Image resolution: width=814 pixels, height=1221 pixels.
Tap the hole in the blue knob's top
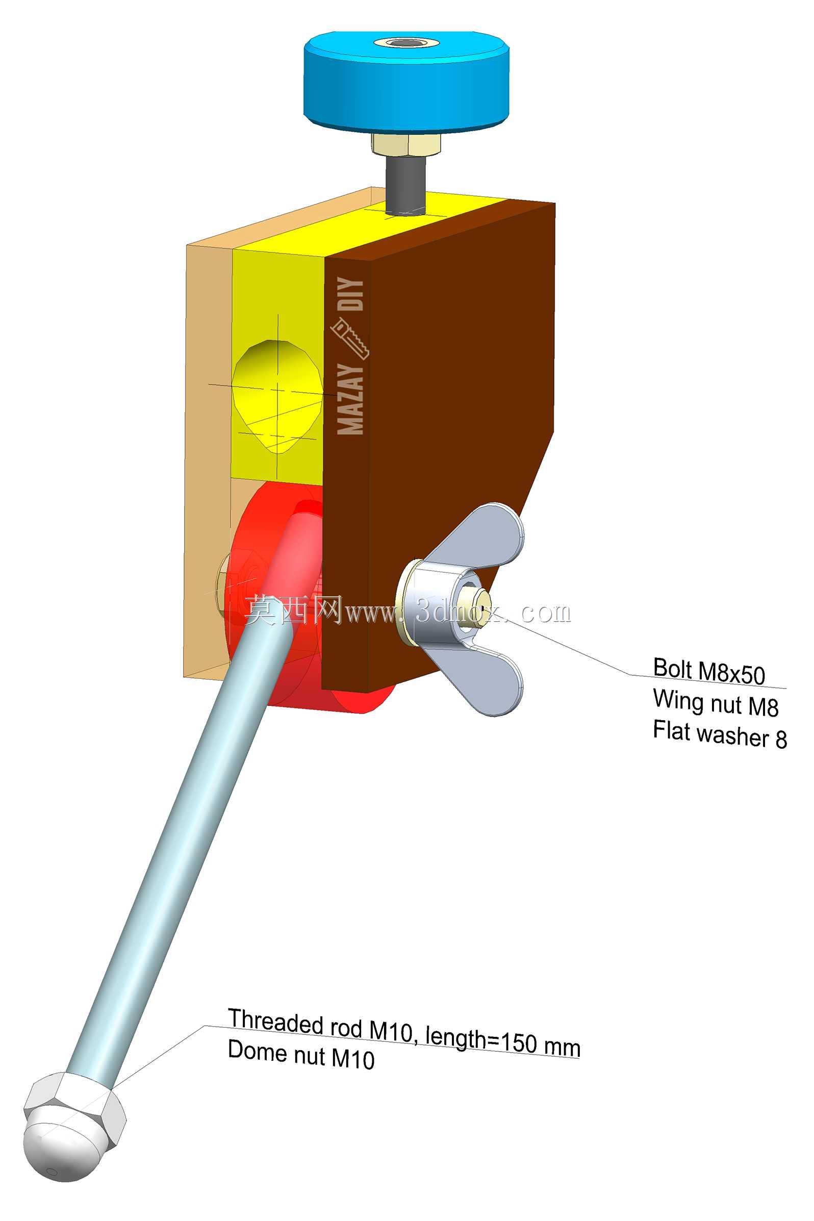406,43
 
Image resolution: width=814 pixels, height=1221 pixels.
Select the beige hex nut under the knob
406,144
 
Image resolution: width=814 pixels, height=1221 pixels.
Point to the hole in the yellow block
277,396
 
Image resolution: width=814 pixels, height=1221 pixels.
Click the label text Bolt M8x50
709,671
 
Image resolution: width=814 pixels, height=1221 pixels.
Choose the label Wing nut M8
716,703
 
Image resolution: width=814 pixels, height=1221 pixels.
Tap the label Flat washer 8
720,734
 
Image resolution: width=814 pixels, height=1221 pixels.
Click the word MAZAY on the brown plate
350,399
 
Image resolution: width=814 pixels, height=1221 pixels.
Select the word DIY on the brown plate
350,294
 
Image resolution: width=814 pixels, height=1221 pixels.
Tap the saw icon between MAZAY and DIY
350,339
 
